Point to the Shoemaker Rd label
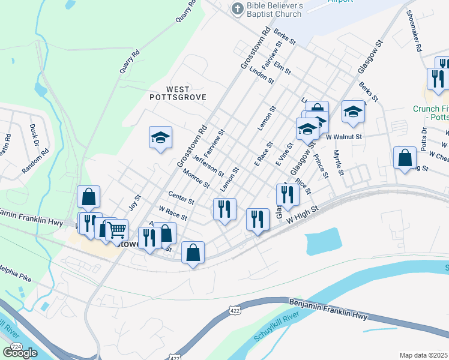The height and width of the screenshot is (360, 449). [x=415, y=30]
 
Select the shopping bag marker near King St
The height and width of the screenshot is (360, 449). [x=405, y=158]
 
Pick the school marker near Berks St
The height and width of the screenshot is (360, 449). [x=354, y=112]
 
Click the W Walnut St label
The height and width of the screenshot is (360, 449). [x=345, y=137]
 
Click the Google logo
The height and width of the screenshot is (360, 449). [x=20, y=352]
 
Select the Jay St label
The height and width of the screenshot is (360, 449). [x=134, y=202]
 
